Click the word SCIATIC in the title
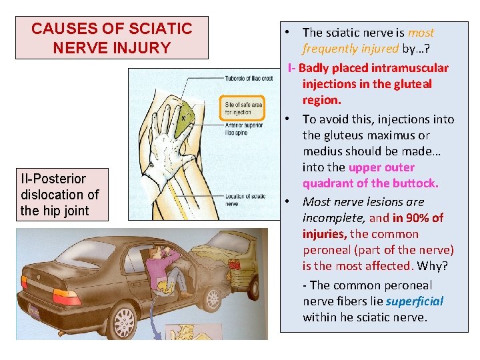tap(159, 29)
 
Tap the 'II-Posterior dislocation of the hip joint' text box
tap(60, 195)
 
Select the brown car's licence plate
tap(33, 311)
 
